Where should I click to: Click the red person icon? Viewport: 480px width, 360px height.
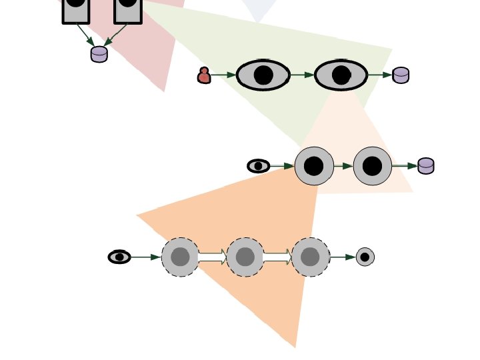[x=204, y=75]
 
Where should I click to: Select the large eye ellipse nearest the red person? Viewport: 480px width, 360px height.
[x=263, y=75]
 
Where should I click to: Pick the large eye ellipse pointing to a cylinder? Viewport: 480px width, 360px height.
[x=341, y=75]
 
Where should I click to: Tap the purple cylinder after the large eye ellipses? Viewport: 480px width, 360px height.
[x=401, y=75]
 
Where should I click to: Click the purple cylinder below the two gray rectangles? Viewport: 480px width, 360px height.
[x=99, y=54]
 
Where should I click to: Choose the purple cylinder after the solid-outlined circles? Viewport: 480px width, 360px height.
[x=426, y=166]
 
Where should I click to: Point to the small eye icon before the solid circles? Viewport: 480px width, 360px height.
[x=259, y=166]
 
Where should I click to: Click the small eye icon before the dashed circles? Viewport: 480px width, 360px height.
[x=119, y=257]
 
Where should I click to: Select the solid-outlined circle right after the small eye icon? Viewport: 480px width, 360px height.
[x=314, y=166]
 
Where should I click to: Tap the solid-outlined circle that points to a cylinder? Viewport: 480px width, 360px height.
[x=373, y=166]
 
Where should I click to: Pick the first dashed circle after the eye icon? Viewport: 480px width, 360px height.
[x=180, y=257]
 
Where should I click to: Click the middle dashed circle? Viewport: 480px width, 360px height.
[x=245, y=257]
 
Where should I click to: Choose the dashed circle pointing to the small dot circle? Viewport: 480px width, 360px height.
[x=310, y=257]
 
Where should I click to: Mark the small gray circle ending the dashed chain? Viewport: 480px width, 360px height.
[x=365, y=257]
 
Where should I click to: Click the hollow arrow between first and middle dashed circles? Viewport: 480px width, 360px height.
[x=213, y=257]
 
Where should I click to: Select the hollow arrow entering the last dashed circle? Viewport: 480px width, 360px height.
[x=277, y=257]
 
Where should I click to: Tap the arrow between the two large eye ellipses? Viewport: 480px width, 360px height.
[x=302, y=75]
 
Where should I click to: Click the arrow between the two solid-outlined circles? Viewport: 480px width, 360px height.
[x=343, y=166]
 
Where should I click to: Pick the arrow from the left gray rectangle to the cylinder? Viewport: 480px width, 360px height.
[x=85, y=34]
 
